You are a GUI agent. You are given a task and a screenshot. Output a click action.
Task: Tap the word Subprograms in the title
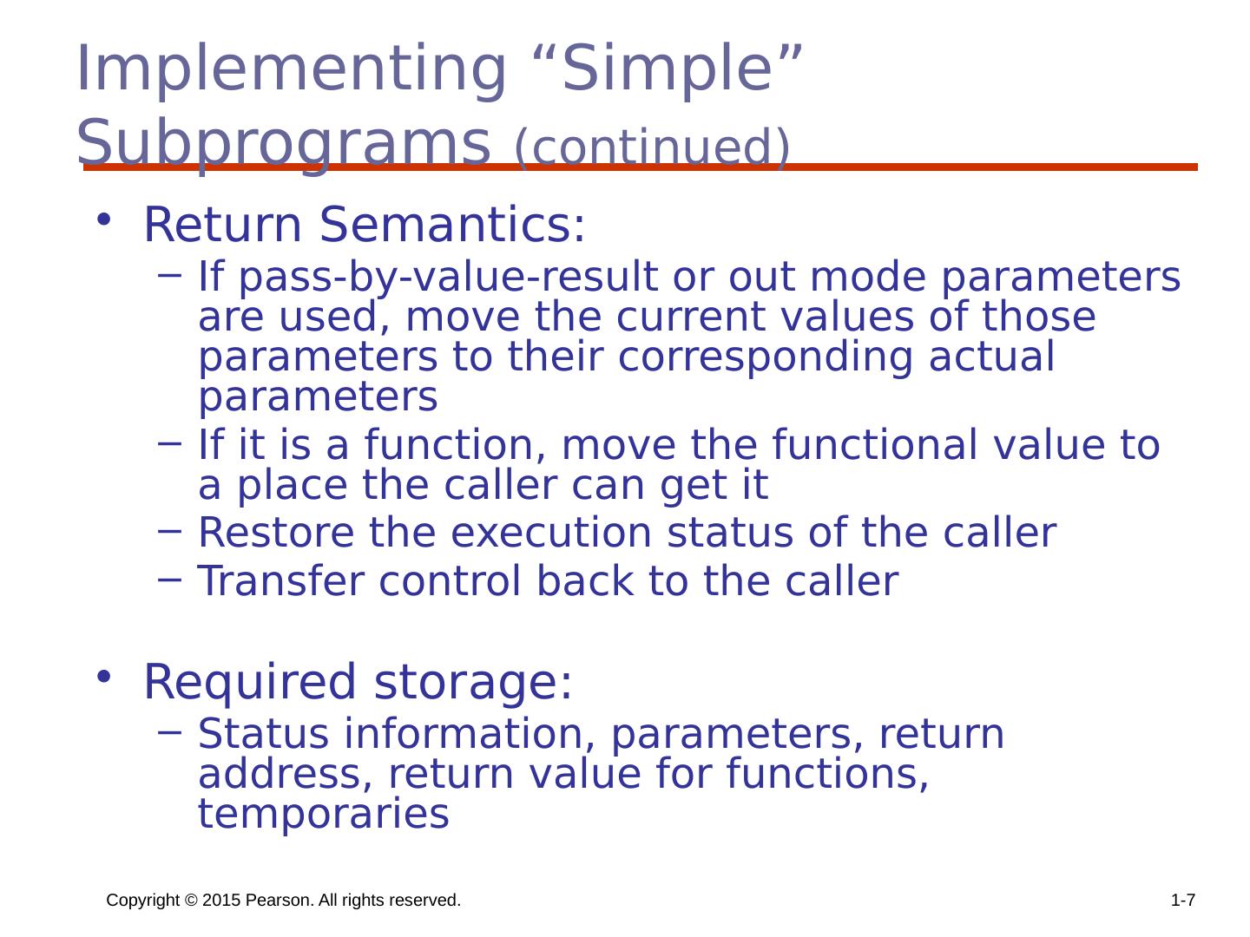tap(283, 143)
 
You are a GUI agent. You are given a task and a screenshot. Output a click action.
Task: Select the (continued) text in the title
tap(652, 147)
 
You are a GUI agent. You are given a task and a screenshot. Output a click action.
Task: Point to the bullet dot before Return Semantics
tap(103, 219)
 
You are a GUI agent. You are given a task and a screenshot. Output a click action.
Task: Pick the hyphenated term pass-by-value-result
tap(448, 278)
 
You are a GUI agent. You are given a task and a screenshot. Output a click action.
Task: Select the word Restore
tap(276, 533)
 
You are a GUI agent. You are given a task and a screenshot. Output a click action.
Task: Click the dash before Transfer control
tap(169, 580)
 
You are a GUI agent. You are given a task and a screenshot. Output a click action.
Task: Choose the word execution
tap(551, 533)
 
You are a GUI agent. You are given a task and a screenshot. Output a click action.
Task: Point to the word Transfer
tap(280, 581)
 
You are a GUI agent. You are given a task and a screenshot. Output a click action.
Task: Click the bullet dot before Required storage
tap(103, 677)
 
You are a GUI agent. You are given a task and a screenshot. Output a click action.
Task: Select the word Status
tap(263, 734)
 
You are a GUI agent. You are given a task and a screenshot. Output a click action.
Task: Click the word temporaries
tap(324, 815)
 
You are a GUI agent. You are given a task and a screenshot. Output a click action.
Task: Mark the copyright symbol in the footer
tap(191, 901)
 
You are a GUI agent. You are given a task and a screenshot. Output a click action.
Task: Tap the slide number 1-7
tap(1183, 901)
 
